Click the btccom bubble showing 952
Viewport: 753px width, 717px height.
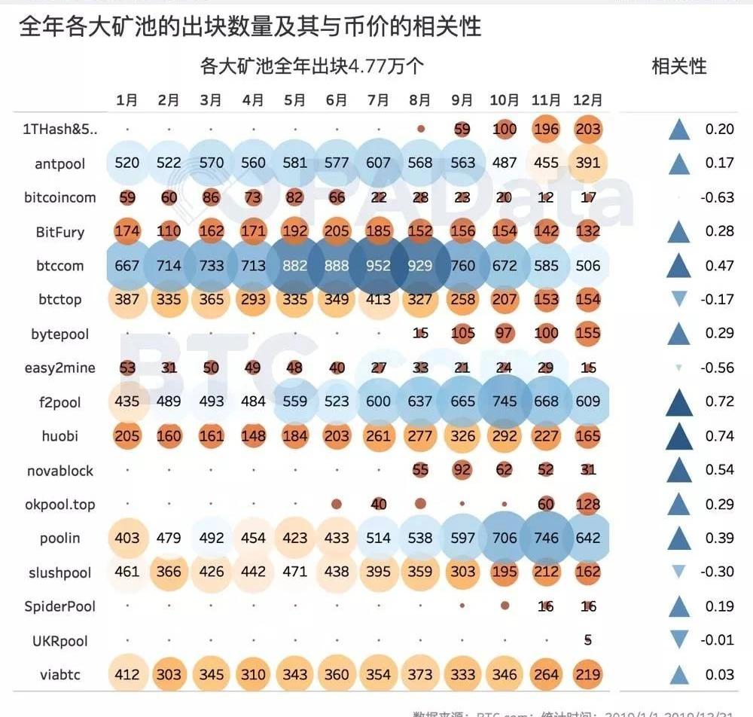point(378,266)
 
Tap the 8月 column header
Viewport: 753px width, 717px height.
point(420,100)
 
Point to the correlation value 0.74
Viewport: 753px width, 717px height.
point(719,436)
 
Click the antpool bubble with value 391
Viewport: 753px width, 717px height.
point(587,163)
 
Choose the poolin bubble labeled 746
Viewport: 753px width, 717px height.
point(546,538)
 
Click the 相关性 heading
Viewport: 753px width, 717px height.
point(678,66)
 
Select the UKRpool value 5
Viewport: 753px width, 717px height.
point(588,640)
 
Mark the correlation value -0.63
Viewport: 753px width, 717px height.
point(719,197)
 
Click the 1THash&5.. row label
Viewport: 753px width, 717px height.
point(59,129)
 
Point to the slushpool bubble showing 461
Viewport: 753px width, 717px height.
point(127,572)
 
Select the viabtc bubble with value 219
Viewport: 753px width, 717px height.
point(587,675)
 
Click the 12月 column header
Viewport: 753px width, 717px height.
point(587,100)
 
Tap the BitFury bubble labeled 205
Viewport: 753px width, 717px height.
point(336,231)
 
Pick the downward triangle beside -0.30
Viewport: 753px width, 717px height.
point(678,572)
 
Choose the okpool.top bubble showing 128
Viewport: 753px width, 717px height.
point(587,504)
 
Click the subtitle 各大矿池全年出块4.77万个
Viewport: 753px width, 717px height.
point(312,66)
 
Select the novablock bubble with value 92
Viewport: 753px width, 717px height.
point(462,470)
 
